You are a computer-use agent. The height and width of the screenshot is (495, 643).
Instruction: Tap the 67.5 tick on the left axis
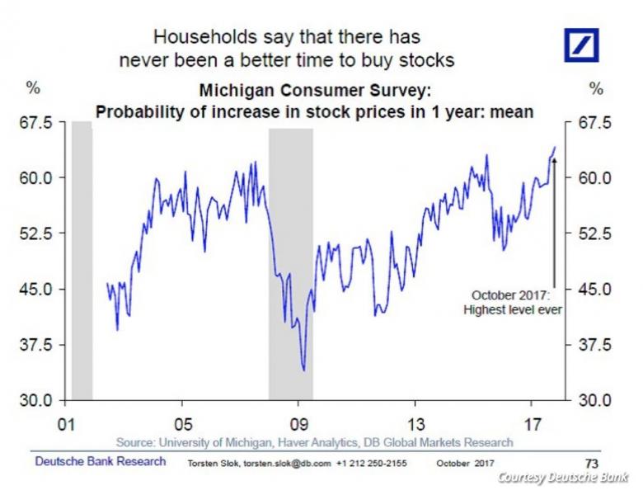(36, 122)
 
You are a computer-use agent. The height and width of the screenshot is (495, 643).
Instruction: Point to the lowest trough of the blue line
(304, 370)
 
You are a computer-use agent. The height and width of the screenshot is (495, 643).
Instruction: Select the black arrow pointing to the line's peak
(554, 223)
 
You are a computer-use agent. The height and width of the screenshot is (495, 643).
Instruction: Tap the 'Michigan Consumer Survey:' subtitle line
(314, 92)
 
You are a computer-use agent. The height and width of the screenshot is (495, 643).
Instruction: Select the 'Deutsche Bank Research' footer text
(100, 461)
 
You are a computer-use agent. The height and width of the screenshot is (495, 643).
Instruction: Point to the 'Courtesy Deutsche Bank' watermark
(562, 478)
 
